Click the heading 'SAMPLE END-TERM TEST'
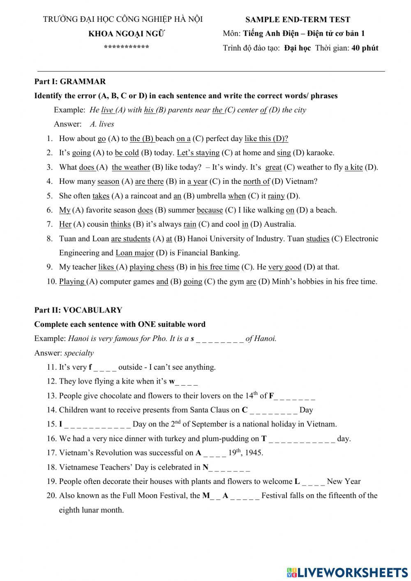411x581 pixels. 298,19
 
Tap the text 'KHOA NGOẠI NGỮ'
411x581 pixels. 127,34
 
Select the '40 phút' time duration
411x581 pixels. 365,48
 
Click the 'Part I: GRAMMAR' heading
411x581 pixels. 70,81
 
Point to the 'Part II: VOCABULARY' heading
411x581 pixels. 78,310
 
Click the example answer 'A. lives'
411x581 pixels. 102,124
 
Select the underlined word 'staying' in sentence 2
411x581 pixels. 208,153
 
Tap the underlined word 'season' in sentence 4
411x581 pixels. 108,181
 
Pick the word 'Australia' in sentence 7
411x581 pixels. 279,225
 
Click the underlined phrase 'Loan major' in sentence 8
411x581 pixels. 134,253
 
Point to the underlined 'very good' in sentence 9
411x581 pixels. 285,267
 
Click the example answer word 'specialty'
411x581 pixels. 79,353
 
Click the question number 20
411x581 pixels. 51,496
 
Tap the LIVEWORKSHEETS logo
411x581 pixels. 347,572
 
